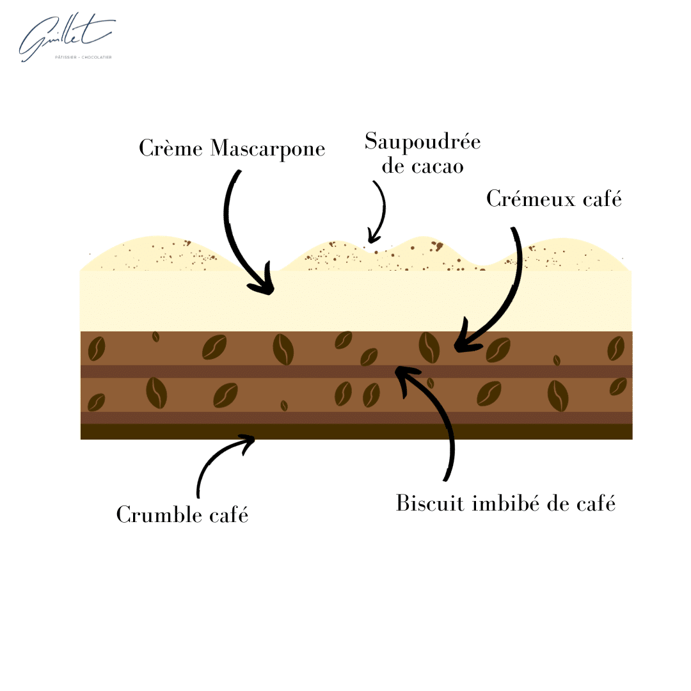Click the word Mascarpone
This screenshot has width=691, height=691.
(268, 150)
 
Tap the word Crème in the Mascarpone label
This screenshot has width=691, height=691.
(171, 148)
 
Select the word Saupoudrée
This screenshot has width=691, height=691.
(423, 142)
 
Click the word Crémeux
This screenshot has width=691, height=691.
(531, 199)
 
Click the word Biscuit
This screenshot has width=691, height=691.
(430, 503)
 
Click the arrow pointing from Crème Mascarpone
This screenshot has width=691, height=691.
(234, 238)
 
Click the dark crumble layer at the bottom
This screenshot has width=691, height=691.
(356, 431)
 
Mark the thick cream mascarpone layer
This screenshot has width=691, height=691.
(356, 301)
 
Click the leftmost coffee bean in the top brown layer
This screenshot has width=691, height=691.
(97, 349)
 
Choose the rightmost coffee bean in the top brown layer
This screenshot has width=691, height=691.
(616, 348)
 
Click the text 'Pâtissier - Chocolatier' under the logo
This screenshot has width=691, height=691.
(83, 58)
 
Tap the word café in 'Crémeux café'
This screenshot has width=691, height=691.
(603, 199)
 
